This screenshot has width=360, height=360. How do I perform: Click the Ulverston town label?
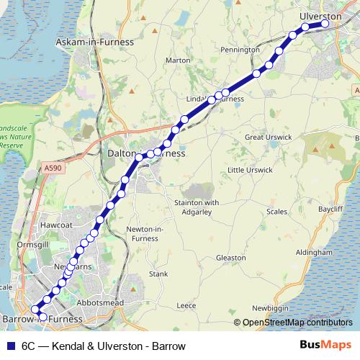[x=320, y=16]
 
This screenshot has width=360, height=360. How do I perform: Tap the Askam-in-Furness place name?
[x=95, y=42]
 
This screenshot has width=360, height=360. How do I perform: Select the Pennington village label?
[x=240, y=50]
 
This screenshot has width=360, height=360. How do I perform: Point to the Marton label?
[x=176, y=60]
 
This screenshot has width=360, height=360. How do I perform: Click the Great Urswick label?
[x=269, y=137]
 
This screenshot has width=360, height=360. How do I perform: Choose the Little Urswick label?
[x=250, y=170]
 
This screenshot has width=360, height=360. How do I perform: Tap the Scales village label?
[x=276, y=212]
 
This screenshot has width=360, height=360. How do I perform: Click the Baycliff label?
[x=330, y=207]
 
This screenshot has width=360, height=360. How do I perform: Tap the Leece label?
[x=186, y=305]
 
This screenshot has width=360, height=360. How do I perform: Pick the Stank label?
[x=158, y=274]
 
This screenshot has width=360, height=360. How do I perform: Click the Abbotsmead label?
[x=101, y=303]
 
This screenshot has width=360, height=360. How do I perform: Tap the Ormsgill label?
[x=32, y=243]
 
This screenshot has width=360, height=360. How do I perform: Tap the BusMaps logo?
[x=325, y=346]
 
